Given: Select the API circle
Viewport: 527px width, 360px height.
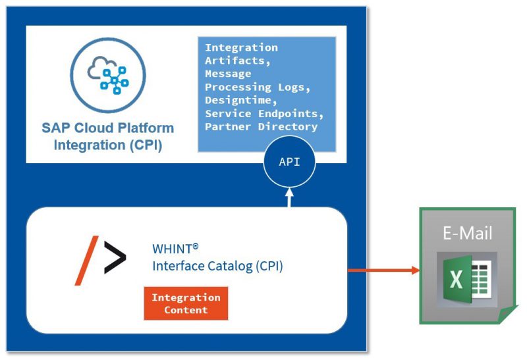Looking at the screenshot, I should tap(289, 162).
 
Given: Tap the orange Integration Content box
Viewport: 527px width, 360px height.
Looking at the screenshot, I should tap(186, 303).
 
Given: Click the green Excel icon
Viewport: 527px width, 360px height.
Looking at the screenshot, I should tap(466, 280).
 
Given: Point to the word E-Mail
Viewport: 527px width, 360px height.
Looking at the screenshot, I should tap(466, 232).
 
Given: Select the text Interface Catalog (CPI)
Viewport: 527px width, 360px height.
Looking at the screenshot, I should tap(217, 267).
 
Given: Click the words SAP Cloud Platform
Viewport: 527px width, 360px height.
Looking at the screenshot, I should tap(108, 128).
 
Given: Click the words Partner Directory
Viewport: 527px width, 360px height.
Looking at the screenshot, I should tap(261, 126).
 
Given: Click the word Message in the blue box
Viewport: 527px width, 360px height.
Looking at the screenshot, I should tap(227, 74).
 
